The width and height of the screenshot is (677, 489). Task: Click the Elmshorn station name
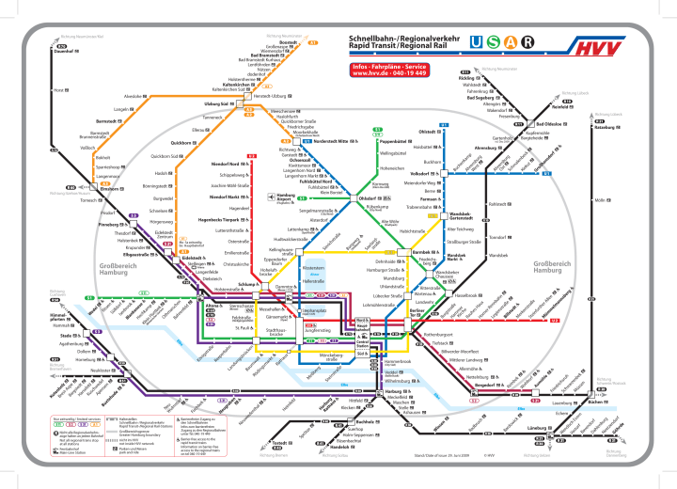(110, 189)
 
